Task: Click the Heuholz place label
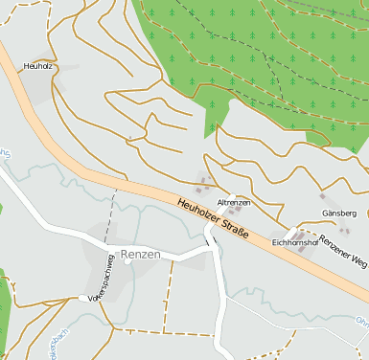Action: pyautogui.click(x=37, y=66)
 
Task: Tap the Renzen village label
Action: pyautogui.click(x=140, y=255)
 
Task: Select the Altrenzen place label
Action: pyautogui.click(x=234, y=203)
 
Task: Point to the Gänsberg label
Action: pyautogui.click(x=338, y=213)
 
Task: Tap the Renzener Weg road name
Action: pyautogui.click(x=343, y=250)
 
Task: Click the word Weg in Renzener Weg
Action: pyautogui.click(x=359, y=261)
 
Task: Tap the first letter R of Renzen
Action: pyautogui.click(x=124, y=255)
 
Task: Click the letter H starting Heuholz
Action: pyautogui.click(x=26, y=66)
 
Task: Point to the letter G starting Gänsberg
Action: pyautogui.click(x=323, y=213)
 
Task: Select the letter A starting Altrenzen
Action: pyautogui.click(x=219, y=203)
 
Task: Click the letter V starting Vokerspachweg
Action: pyautogui.click(x=90, y=302)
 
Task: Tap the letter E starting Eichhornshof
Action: pyautogui.click(x=275, y=243)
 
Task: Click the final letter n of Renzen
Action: pyautogui.click(x=156, y=255)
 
